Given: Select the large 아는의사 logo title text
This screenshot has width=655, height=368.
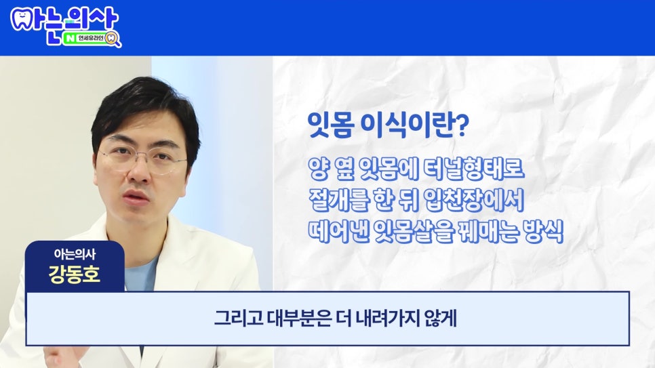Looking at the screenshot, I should [64, 18].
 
